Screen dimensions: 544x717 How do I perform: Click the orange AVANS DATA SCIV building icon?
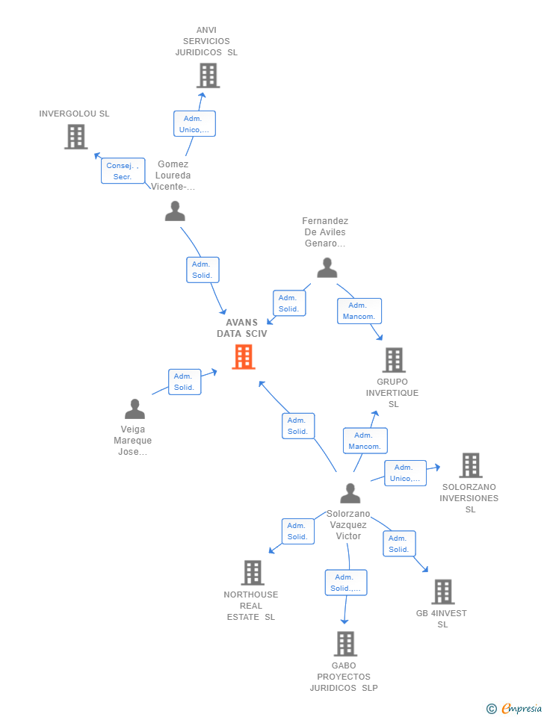[x=244, y=357]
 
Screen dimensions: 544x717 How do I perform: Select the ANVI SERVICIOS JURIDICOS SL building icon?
[x=208, y=75]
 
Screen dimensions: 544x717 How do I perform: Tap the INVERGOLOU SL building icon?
[x=75, y=137]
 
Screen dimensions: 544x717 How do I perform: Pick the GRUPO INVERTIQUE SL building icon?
[x=394, y=360]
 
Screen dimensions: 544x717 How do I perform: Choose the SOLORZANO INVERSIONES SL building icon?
[x=470, y=465]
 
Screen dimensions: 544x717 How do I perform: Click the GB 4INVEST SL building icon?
[x=442, y=592]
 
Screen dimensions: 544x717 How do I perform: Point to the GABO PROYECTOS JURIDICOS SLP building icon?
[x=344, y=644]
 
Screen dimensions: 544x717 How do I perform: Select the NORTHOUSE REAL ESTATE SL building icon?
[x=253, y=573]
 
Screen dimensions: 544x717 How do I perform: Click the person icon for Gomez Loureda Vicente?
[x=175, y=211]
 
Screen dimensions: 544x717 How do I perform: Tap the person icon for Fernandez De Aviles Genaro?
[x=327, y=267]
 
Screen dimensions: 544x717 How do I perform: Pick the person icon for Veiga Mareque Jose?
[x=135, y=409]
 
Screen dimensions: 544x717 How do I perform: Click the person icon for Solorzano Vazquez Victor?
[x=350, y=493]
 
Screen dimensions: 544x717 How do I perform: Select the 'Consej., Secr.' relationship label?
[x=123, y=171]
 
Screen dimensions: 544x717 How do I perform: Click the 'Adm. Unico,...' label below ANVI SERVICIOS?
[x=194, y=124]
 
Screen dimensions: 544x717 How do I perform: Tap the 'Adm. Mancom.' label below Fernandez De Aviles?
[x=359, y=311]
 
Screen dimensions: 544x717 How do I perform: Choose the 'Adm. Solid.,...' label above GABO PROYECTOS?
[x=345, y=583]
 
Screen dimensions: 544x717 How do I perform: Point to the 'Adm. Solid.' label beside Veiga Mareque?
[x=184, y=382]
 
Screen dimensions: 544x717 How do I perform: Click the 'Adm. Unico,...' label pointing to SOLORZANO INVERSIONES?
[x=405, y=473]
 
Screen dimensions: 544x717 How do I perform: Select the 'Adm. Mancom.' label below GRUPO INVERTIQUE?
[x=365, y=441]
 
